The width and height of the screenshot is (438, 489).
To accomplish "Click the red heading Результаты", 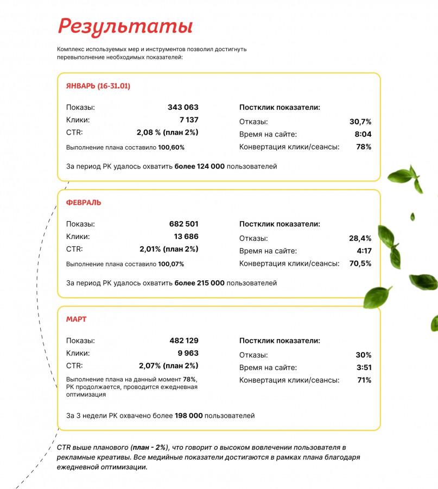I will [x=125, y=26].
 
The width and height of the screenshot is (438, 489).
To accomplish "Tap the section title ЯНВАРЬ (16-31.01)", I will [x=98, y=86].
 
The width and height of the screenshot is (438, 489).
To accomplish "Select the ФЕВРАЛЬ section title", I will [x=84, y=203].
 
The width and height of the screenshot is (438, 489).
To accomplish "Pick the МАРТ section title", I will [x=76, y=319].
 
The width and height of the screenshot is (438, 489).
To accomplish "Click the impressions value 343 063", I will [x=183, y=108].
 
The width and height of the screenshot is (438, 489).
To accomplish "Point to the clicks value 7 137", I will [x=189, y=120].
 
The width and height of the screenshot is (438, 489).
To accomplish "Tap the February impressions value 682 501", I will [x=183, y=224].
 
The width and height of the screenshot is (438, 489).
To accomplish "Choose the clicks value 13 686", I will [x=186, y=236].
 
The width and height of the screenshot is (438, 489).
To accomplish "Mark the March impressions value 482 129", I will [x=183, y=341].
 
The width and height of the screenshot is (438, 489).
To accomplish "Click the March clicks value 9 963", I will [x=188, y=353].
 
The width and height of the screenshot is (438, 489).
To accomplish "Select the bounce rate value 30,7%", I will [x=360, y=122].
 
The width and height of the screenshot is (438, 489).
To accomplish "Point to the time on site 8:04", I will [x=363, y=134].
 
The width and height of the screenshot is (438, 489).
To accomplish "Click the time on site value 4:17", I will [x=364, y=251].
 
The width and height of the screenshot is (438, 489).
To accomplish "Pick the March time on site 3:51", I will [x=364, y=367].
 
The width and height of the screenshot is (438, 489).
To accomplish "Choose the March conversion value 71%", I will [x=364, y=380].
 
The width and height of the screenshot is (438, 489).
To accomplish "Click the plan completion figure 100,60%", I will [x=172, y=147].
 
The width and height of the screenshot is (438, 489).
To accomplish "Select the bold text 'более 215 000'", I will [x=199, y=283].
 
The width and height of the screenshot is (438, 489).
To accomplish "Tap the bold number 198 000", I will [x=188, y=416].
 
